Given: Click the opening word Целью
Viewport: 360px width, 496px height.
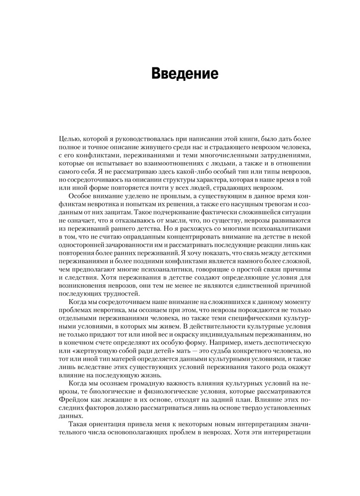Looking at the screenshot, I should click(68, 140).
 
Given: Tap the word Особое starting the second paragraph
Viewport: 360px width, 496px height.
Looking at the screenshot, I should click(80, 198).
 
